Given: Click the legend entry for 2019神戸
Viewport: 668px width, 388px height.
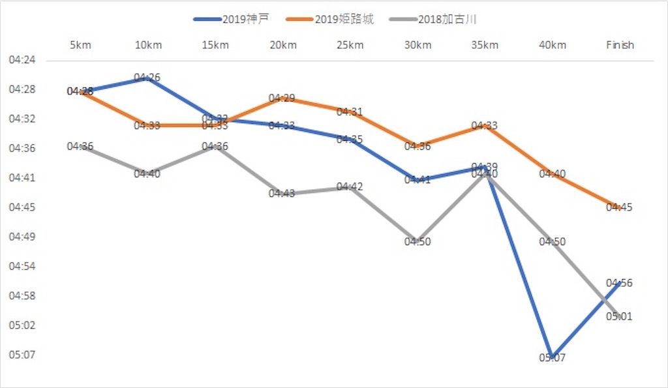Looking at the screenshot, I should [232, 19].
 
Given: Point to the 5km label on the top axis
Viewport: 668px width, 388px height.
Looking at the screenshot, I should [80, 45].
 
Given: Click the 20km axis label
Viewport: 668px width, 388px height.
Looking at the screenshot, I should [282, 45].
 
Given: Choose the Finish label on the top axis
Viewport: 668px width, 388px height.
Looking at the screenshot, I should [620, 45].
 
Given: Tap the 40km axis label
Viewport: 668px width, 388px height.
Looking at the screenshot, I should [552, 45].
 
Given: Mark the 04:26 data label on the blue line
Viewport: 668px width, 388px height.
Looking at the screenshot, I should [147, 78].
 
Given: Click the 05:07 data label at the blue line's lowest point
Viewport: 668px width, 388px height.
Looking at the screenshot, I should [552, 358].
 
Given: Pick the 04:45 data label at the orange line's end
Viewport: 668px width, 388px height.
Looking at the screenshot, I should [620, 207].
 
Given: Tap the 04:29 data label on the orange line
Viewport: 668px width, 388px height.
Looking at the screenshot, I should [282, 98].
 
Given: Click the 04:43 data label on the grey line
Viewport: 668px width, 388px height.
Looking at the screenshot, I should [282, 194].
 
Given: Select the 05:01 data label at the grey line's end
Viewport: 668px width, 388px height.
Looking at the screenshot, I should [620, 317].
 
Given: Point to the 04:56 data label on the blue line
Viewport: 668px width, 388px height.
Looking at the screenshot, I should [620, 283].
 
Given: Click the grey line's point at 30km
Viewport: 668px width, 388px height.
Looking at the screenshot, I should [417, 241].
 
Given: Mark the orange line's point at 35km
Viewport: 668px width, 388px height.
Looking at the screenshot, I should [485, 127].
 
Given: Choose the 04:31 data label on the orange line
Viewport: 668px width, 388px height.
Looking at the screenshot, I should [350, 112].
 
